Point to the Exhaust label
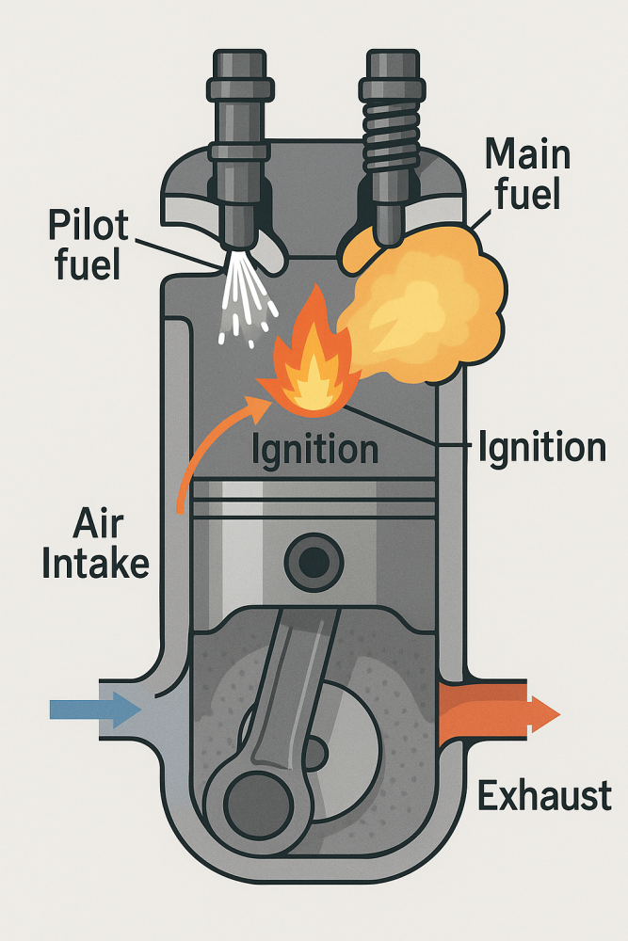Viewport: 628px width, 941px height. (x=544, y=796)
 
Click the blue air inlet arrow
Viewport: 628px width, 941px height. (x=94, y=709)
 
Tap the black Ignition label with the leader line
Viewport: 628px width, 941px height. (x=541, y=448)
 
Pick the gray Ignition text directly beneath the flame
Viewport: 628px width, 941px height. (x=314, y=450)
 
